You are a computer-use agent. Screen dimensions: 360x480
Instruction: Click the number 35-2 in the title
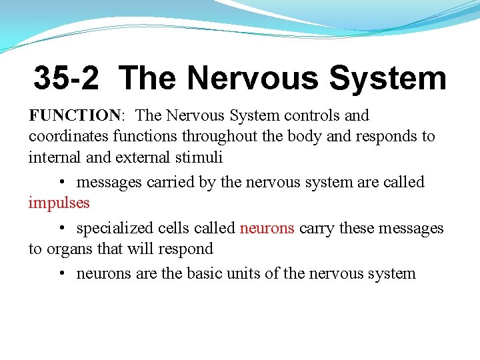(x=67, y=78)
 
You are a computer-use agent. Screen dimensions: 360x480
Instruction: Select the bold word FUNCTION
(x=74, y=115)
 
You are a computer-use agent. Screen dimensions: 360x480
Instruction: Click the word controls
(x=313, y=115)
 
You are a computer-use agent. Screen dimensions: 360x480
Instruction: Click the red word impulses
(x=59, y=202)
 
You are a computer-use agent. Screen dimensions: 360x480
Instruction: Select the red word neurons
(x=267, y=228)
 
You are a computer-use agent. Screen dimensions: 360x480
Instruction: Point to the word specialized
(x=115, y=228)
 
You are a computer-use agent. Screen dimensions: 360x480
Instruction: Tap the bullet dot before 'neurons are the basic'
(x=61, y=274)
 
